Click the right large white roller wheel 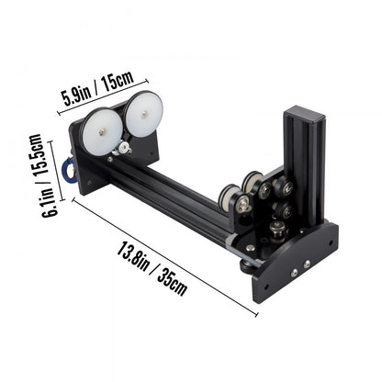143,113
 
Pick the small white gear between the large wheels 123,145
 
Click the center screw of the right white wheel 144,114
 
